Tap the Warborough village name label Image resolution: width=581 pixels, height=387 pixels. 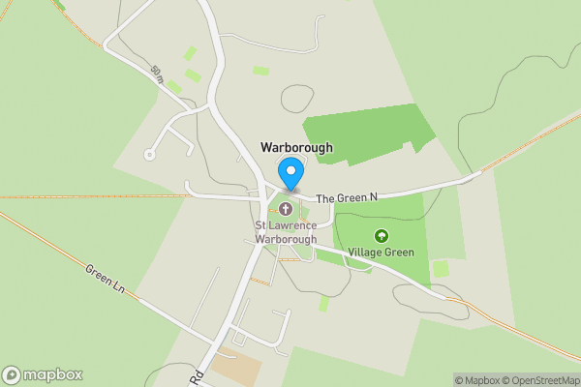point(296,148)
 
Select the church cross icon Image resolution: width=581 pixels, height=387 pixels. point(286,209)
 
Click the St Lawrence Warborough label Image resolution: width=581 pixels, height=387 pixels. point(285,233)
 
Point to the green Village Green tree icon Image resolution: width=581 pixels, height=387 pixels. point(381,235)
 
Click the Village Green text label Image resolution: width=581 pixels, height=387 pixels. point(382,253)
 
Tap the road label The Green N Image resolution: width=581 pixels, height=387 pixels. point(346,198)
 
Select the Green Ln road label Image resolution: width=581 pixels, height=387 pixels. point(105,280)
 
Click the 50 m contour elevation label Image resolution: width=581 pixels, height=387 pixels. point(158,74)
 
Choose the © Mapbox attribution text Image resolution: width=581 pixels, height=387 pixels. point(476,380)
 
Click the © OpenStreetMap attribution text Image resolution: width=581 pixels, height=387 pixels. point(540,380)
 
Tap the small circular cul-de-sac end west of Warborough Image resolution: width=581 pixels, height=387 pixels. point(149,154)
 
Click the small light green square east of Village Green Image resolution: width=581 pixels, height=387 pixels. point(441,268)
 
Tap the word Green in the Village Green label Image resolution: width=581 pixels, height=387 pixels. point(398,253)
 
